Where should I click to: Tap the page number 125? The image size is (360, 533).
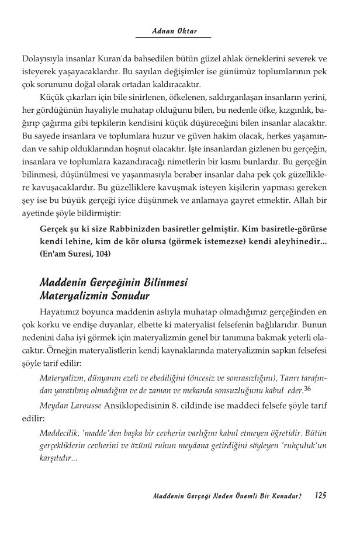pyautogui.click(x=319, y=496)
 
